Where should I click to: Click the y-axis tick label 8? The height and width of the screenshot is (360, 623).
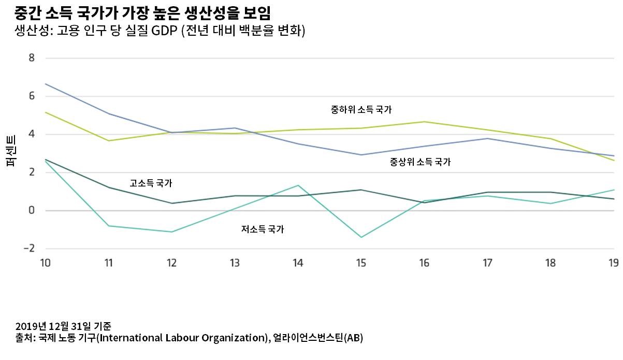pos(32,58)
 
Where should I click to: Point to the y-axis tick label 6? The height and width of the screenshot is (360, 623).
pos(32,96)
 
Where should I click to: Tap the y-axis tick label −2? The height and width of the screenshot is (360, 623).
pos(29,249)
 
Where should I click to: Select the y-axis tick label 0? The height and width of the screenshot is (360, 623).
pos(32,211)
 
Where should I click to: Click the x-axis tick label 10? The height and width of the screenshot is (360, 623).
pos(45,263)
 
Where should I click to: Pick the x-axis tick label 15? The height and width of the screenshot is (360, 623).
pos(361,263)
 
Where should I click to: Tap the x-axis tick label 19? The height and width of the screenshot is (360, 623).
pos(614,263)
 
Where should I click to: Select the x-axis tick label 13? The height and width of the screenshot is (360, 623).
pos(235,263)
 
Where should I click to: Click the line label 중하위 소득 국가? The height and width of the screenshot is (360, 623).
pos(361,110)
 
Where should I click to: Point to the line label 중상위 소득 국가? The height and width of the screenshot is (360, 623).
pos(420,162)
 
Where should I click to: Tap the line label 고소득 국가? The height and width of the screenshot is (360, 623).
pos(151,183)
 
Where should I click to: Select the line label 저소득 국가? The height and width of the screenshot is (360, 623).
pos(262,229)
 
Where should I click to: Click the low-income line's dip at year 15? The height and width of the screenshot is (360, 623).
pos(361,237)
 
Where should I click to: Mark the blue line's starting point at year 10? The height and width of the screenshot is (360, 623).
pos(46,84)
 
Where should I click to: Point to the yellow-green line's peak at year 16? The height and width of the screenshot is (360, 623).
pos(424,122)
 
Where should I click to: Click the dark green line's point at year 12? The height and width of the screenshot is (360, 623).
pos(171,203)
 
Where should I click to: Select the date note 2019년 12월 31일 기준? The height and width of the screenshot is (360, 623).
pos(63,326)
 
